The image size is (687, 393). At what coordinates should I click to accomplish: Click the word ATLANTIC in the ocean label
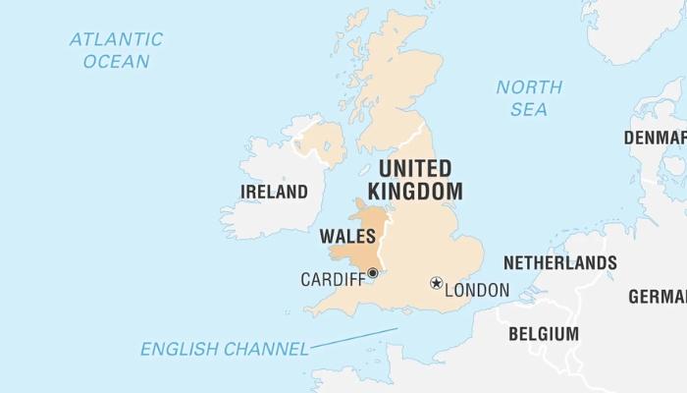[x=116, y=40]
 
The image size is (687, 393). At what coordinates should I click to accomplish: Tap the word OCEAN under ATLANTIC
[x=116, y=62]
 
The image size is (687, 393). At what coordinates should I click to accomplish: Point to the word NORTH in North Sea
[x=529, y=87]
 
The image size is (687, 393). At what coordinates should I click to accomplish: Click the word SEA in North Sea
[x=529, y=109]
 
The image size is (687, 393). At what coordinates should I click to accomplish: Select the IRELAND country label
[x=274, y=192]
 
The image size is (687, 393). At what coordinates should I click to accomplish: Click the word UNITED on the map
[x=414, y=168]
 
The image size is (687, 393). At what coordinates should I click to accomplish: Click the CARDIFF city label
[x=332, y=280]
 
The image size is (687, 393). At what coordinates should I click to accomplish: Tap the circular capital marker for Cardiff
[x=372, y=273]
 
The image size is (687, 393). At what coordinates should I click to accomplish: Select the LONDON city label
[x=478, y=290]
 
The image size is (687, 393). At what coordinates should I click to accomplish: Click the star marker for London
[x=436, y=283]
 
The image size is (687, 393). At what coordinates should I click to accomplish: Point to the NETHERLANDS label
[x=559, y=263]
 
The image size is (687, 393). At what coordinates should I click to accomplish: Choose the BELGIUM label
[x=543, y=334]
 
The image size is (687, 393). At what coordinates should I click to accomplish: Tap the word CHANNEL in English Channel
[x=265, y=349]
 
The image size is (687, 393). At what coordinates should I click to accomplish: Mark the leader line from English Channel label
[x=353, y=338]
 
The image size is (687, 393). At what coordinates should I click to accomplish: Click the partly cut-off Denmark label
[x=655, y=138]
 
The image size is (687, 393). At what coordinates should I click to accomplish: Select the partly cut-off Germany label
[x=657, y=297]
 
